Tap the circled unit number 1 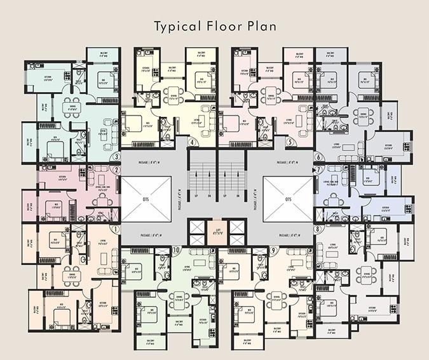tap(116, 229)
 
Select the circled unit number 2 tap(116, 170)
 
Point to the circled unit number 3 tap(116, 157)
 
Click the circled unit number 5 tap(290, 142)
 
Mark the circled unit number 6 tap(318, 157)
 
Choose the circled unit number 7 tap(318, 170)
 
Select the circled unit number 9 tap(272, 250)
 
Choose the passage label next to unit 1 tap(151, 235)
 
